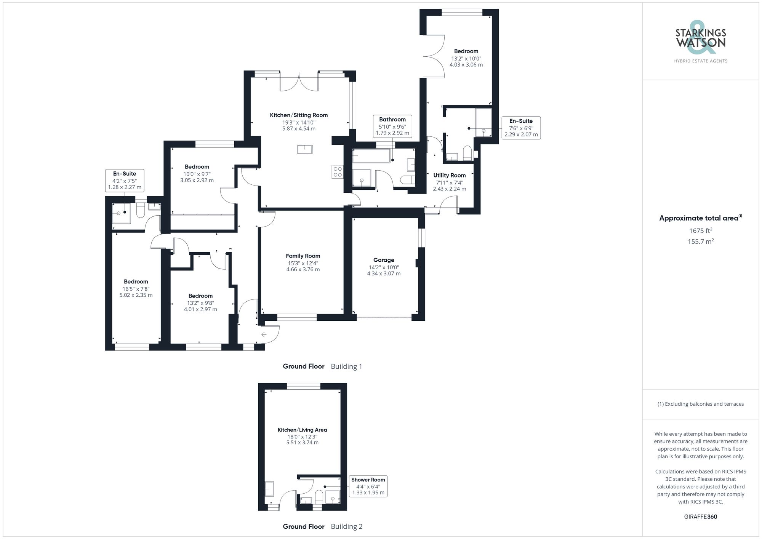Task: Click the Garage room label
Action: (x=383, y=260)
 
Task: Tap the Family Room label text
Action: (x=303, y=256)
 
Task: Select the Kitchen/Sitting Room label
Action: (x=299, y=115)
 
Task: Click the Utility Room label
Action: (x=449, y=175)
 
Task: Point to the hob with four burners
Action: (x=338, y=172)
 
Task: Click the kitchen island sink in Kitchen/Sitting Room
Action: (x=304, y=149)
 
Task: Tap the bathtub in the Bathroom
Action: (x=371, y=155)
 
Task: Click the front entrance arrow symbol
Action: (x=264, y=334)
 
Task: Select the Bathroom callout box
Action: (x=392, y=126)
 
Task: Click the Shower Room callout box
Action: (x=368, y=486)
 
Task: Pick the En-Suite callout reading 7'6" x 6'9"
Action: (x=521, y=128)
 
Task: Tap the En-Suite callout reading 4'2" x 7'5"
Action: (x=125, y=180)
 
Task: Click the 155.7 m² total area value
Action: (x=700, y=241)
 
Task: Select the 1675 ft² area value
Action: (x=700, y=230)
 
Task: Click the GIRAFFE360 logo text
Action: (x=700, y=517)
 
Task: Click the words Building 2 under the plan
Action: (x=346, y=526)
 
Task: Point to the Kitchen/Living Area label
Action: (x=302, y=430)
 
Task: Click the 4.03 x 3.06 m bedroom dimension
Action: (x=466, y=65)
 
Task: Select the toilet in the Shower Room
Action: (x=319, y=496)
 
